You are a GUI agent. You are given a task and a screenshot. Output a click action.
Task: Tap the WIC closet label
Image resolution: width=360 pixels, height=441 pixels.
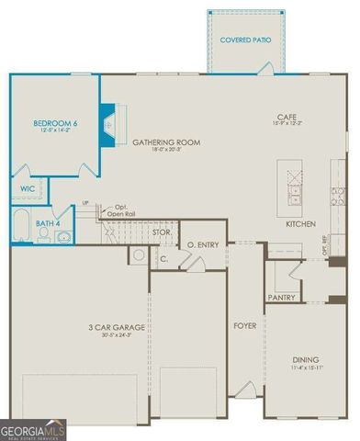click(x=27, y=190)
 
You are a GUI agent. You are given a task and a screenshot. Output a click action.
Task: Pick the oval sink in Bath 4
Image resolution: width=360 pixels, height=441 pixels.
click(x=62, y=236)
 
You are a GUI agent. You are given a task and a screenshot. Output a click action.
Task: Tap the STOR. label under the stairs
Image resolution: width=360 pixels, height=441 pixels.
click(x=162, y=232)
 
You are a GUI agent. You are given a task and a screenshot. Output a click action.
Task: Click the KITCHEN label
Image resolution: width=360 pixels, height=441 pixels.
click(x=300, y=223)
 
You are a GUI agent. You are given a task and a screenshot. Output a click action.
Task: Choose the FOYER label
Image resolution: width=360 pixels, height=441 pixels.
click(x=244, y=325)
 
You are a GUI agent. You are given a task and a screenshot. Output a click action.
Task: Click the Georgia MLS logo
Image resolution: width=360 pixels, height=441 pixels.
click(x=33, y=429)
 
